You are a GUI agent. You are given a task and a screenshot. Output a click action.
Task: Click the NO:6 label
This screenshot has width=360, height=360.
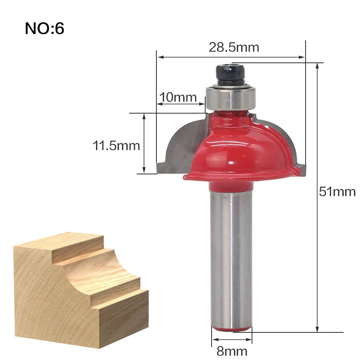coord(44,28)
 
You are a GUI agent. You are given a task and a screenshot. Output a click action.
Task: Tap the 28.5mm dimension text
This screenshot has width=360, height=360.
coord(234,48)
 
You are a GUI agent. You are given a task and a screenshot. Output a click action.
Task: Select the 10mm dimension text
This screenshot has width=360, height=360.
coord(178,97)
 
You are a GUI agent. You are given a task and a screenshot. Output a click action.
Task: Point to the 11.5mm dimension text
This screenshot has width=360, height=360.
coord(116,146)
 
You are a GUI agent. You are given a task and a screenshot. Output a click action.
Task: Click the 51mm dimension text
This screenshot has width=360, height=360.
coord(337,192)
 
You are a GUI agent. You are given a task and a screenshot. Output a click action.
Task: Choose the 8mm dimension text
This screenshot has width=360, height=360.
coord(232,351)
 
